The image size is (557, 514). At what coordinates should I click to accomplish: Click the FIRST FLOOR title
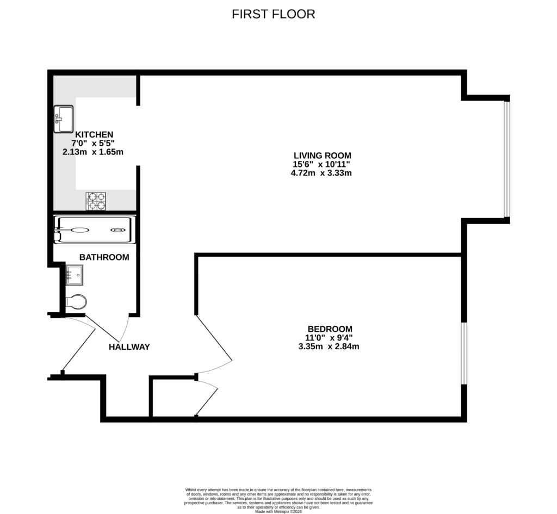tap(273, 14)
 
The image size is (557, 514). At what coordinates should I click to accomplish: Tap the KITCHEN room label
tap(94, 134)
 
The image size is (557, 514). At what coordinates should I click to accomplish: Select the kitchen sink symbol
tap(64, 119)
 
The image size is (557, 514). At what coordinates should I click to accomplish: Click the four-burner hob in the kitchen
tap(96, 201)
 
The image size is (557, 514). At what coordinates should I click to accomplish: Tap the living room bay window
tap(506, 159)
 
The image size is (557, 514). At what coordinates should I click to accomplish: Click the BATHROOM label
tap(104, 257)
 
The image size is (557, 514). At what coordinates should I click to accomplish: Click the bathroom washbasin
tap(74, 275)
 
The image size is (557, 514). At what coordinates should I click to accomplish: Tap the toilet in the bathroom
tap(76, 302)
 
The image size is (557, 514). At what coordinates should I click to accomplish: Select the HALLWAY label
tap(129, 347)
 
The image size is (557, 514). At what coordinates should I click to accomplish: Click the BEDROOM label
tap(330, 329)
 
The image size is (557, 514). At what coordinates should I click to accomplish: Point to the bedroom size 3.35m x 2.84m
tap(329, 346)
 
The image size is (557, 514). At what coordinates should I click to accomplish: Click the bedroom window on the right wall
tap(464, 354)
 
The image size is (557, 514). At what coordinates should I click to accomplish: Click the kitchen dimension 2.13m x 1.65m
tap(93, 152)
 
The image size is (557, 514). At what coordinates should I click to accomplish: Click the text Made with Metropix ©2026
tap(278, 511)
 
